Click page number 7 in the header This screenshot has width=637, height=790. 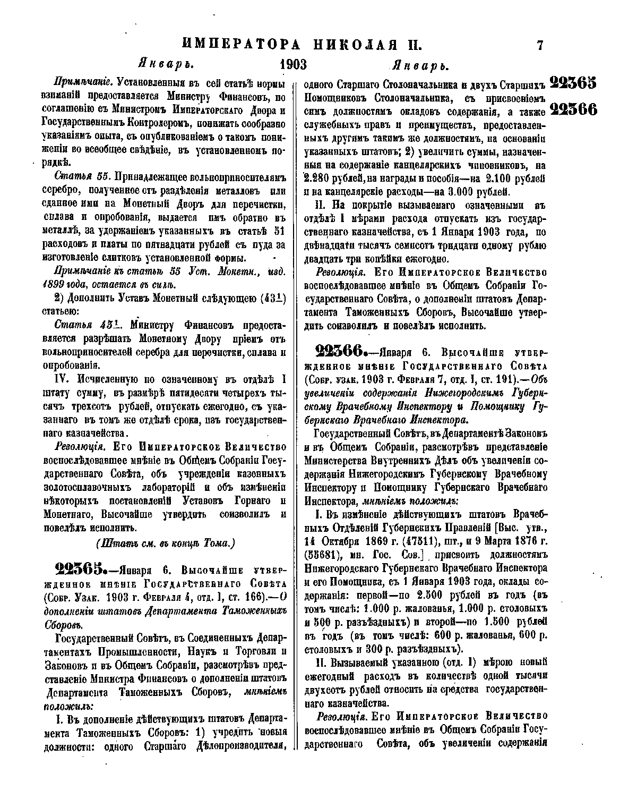[x=540, y=45]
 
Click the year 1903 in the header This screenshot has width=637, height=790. [x=293, y=65]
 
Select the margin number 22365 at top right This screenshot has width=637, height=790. [x=573, y=83]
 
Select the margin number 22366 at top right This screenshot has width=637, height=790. [x=573, y=109]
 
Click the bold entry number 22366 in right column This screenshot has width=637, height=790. [x=340, y=352]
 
